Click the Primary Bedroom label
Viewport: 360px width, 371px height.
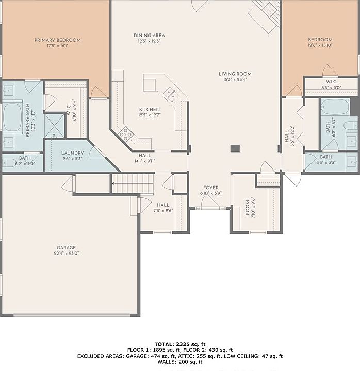58,40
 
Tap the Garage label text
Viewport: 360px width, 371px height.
67,248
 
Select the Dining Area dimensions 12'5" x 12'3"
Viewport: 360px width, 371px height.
149,41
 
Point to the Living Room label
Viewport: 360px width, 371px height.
235,74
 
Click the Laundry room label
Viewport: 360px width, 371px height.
73,153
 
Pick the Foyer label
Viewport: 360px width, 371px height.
211,188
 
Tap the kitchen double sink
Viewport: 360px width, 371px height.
172,93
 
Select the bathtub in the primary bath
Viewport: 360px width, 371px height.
12,116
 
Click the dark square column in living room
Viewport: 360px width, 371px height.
235,148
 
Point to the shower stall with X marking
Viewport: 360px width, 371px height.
55,125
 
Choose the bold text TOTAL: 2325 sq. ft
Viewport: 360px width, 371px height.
180,344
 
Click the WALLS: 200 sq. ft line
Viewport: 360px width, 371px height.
180,362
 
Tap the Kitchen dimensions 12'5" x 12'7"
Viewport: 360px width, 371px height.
150,115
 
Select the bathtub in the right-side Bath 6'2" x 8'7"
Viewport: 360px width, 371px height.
335,107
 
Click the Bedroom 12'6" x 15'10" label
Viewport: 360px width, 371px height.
320,42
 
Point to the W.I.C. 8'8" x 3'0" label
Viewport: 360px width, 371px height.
331,85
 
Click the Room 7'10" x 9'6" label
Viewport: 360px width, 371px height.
250,208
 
